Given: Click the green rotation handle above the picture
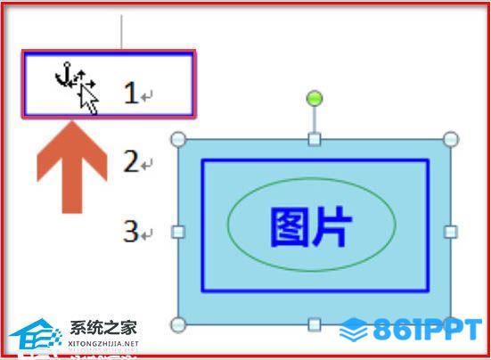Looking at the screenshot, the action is (315, 98).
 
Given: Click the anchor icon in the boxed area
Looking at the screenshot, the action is (63, 75).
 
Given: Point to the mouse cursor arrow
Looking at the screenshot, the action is (88, 99).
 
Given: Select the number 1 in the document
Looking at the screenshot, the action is (131, 93).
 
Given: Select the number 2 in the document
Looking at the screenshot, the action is (131, 161).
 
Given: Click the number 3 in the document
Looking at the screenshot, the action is (131, 231).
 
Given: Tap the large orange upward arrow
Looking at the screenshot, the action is (72, 168).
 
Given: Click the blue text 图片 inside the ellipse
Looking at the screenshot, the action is (311, 227).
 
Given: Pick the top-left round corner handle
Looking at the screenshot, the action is (178, 139).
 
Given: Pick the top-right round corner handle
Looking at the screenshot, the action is (451, 139).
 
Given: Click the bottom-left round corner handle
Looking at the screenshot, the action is (178, 324).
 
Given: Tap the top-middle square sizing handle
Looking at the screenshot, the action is (315, 139).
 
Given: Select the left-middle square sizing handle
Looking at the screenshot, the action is (178, 232).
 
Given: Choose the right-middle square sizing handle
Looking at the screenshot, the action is (451, 232).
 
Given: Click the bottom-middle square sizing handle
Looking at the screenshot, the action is (315, 324).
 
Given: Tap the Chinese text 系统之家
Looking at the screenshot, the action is (103, 328).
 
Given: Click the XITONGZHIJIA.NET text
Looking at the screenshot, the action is (103, 343).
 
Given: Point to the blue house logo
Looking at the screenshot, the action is (36, 334).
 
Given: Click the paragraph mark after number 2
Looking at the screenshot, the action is (146, 164).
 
